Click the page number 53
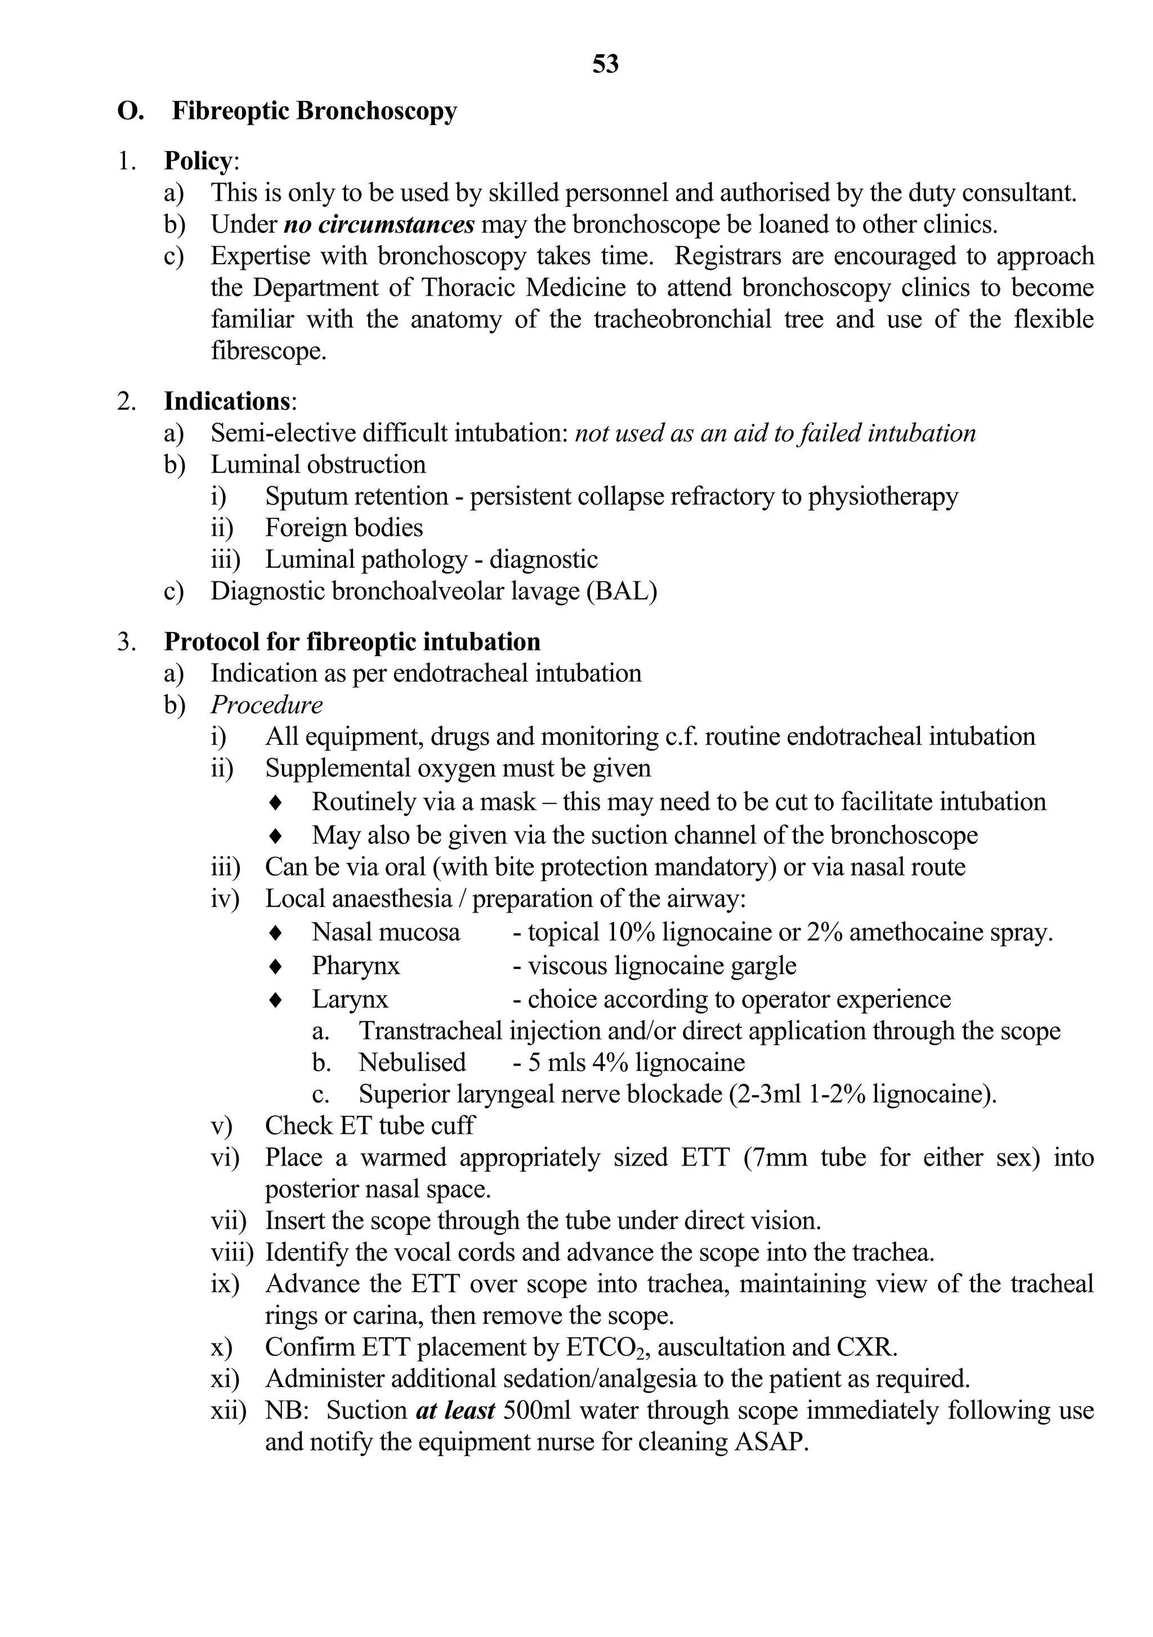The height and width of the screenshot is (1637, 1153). pyautogui.click(x=605, y=64)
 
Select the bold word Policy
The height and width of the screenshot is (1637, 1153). pyautogui.click(x=198, y=161)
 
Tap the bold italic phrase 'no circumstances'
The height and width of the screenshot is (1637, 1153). pyautogui.click(x=379, y=225)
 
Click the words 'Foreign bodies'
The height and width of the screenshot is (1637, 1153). pyautogui.click(x=343, y=528)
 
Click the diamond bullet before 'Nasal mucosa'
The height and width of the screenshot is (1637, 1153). pyautogui.click(x=276, y=933)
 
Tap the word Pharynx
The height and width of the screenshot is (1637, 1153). pyautogui.click(x=356, y=966)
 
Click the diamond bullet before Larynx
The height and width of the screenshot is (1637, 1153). pyautogui.click(x=276, y=1000)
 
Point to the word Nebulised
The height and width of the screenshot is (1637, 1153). pyautogui.click(x=412, y=1062)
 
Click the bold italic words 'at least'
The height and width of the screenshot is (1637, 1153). pyautogui.click(x=455, y=1411)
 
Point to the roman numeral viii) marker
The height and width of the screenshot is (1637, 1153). pyautogui.click(x=231, y=1253)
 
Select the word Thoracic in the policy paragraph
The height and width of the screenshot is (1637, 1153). pyautogui.click(x=467, y=288)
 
